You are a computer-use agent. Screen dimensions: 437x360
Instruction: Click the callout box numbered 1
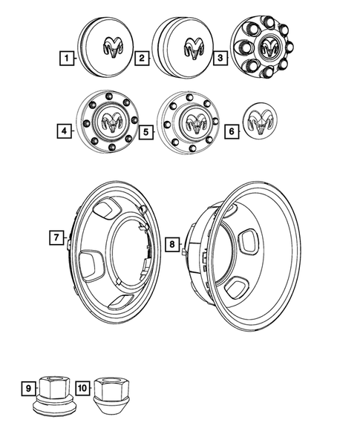[x=68, y=57]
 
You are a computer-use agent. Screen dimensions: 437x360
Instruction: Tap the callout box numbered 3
[x=217, y=57]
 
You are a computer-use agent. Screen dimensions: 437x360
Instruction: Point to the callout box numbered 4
[x=68, y=131]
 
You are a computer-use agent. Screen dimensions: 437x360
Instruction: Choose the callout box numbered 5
[x=145, y=131]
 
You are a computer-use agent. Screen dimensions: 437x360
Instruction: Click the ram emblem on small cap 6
[x=260, y=121]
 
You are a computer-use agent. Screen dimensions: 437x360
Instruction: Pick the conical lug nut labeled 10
[x=110, y=392]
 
